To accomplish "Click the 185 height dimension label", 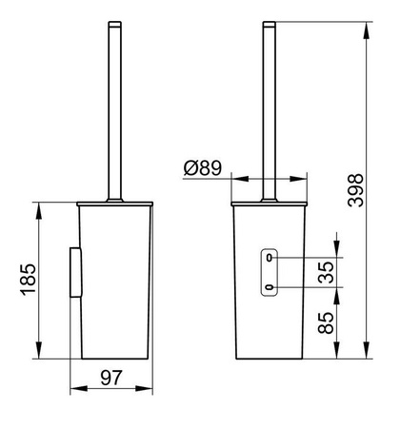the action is [29, 280].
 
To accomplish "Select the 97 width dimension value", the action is [111, 378].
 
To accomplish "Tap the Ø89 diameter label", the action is [203, 167].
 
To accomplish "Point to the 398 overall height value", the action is [355, 190].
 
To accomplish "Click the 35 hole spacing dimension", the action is [327, 272].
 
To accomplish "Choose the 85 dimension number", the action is [326, 323].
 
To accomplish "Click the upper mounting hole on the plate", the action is [270, 258].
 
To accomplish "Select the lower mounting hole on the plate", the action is [270, 287].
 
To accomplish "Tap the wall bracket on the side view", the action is [75, 273].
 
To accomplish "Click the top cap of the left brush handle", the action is [114, 23].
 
